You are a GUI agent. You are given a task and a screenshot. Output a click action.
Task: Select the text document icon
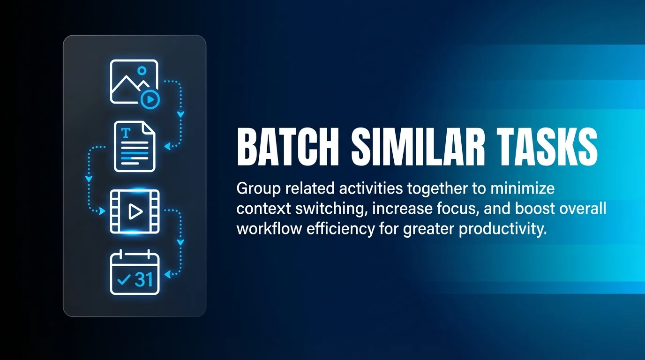[135, 147]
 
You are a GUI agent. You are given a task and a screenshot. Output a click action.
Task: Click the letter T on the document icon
[125, 133]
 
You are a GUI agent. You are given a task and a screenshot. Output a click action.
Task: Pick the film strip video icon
[135, 211]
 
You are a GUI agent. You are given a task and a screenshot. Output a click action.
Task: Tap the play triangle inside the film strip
[135, 212]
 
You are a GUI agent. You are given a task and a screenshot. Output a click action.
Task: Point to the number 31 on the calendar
[143, 279]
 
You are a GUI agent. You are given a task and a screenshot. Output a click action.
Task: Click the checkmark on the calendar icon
[124, 280]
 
